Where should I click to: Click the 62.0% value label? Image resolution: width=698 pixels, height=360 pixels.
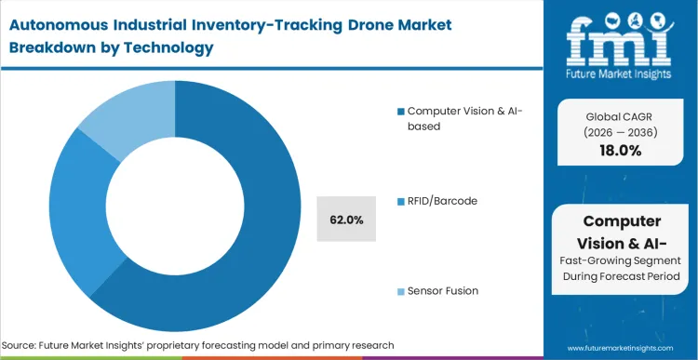tap(346, 220)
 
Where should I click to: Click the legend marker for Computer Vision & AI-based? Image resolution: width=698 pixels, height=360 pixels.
tap(401, 112)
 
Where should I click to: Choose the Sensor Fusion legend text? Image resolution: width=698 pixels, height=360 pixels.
tap(443, 290)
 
